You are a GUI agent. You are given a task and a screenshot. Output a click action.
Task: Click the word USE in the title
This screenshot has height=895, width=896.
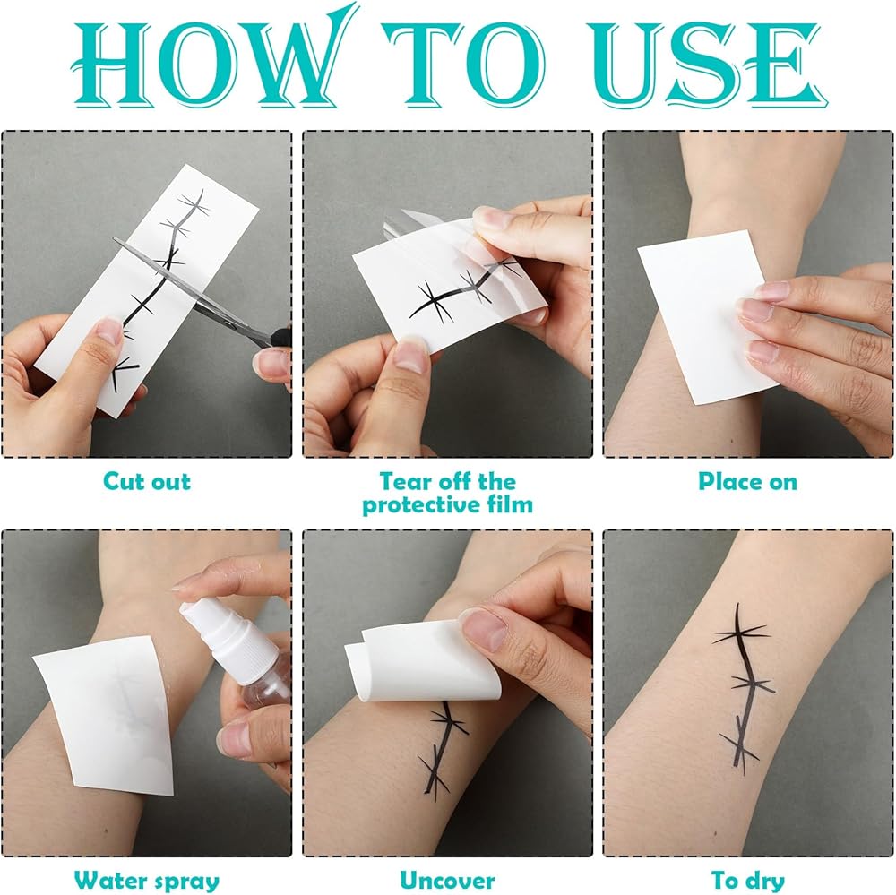[x=709, y=65]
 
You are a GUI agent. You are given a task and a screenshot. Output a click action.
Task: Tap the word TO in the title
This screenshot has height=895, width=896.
[x=464, y=65]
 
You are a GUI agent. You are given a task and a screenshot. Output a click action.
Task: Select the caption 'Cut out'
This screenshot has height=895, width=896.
[x=147, y=481]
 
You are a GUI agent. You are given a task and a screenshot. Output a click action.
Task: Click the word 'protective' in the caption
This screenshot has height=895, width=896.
[x=419, y=505]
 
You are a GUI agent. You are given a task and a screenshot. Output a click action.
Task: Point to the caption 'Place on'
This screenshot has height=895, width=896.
[x=747, y=481]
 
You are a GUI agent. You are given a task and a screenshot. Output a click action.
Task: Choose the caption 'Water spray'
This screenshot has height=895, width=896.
[x=147, y=880]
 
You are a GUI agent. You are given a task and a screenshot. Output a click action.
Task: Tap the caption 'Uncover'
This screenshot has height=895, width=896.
[x=447, y=880]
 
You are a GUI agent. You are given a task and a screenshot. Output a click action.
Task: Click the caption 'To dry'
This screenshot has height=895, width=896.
[x=747, y=881]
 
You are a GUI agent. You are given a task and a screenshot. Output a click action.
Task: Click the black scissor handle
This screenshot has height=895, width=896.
[x=279, y=336]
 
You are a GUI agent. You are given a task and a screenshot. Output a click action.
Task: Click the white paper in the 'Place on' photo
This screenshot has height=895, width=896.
[x=702, y=314]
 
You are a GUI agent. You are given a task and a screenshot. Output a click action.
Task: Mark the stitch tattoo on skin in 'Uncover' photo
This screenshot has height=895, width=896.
[x=443, y=749]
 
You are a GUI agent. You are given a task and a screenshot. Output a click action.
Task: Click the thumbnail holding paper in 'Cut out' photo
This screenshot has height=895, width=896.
[x=108, y=331]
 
